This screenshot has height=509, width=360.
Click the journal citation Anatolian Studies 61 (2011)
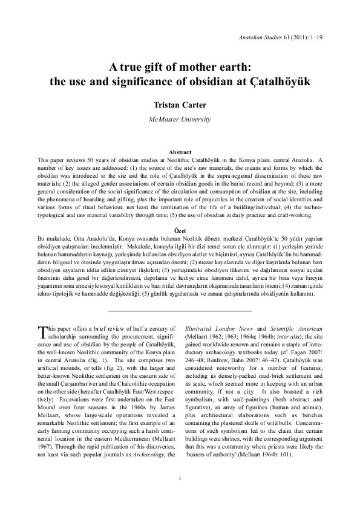click(284, 37)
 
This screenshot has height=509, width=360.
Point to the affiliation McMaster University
click(180, 119)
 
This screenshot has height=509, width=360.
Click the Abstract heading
click(180, 152)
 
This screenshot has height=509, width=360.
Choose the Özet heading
click(180, 230)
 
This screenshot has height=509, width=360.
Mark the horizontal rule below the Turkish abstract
click(180, 311)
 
